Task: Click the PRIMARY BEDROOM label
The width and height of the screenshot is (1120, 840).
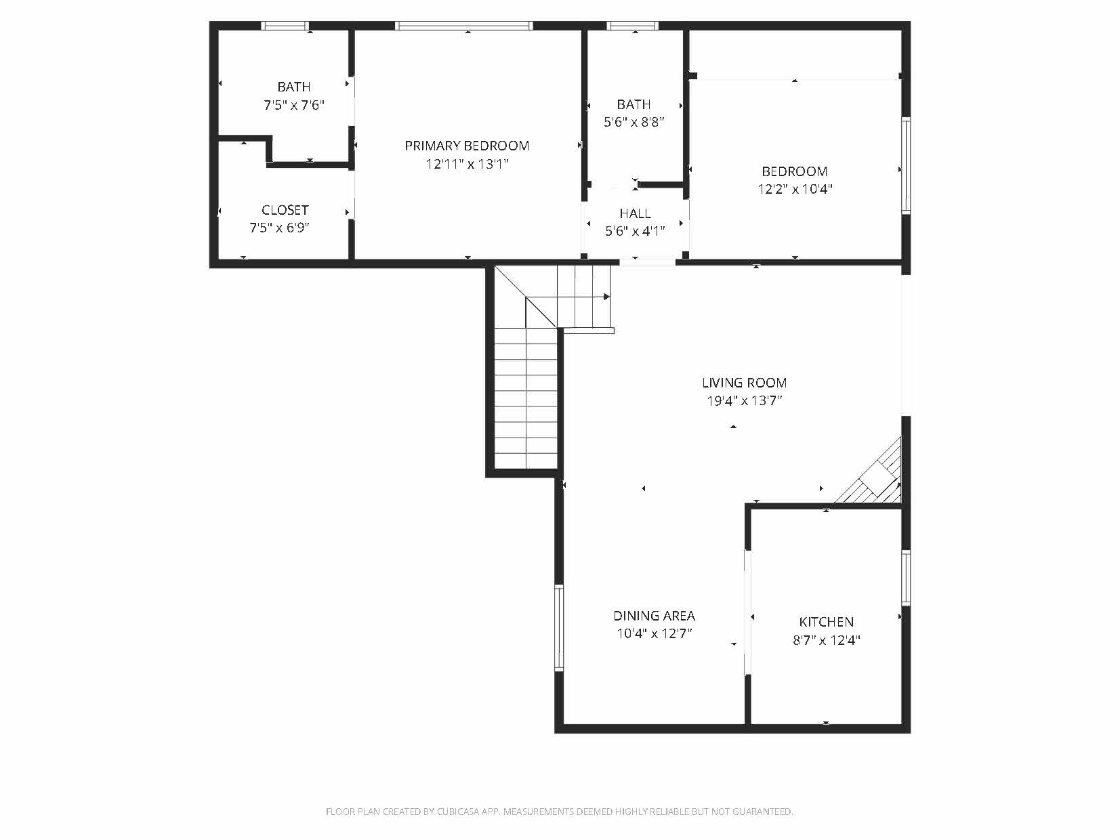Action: coord(467,146)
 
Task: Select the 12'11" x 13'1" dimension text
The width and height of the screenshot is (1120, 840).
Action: coord(468,164)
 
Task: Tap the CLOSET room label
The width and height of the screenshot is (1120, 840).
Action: coord(285,210)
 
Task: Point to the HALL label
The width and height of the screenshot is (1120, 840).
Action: coord(636,213)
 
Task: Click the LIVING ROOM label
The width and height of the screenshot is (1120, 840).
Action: coord(745,383)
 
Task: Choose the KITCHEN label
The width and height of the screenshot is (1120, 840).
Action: coord(826,622)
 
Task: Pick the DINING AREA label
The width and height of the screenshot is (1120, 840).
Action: coord(654,616)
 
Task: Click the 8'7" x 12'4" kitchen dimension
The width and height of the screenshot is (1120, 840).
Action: coord(827,640)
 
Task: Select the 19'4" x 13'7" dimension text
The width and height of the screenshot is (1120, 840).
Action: coord(745,401)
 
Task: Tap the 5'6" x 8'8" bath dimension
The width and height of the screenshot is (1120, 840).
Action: coord(634,123)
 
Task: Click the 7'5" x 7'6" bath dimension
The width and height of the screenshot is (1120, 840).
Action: coord(294,105)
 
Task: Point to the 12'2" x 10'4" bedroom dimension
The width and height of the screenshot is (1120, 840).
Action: coord(795,189)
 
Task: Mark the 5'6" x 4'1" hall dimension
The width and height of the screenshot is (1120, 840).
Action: coord(636,232)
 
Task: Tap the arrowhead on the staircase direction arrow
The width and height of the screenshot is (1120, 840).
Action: coord(606,297)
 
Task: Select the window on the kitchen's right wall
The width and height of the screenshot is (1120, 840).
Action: coord(906,578)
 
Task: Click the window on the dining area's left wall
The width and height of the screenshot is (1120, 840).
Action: coord(559,627)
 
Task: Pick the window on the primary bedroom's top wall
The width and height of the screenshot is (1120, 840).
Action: coord(464,26)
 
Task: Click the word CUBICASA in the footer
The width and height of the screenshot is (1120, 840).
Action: coord(458,812)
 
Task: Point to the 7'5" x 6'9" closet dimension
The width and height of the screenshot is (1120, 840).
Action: coord(280,228)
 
